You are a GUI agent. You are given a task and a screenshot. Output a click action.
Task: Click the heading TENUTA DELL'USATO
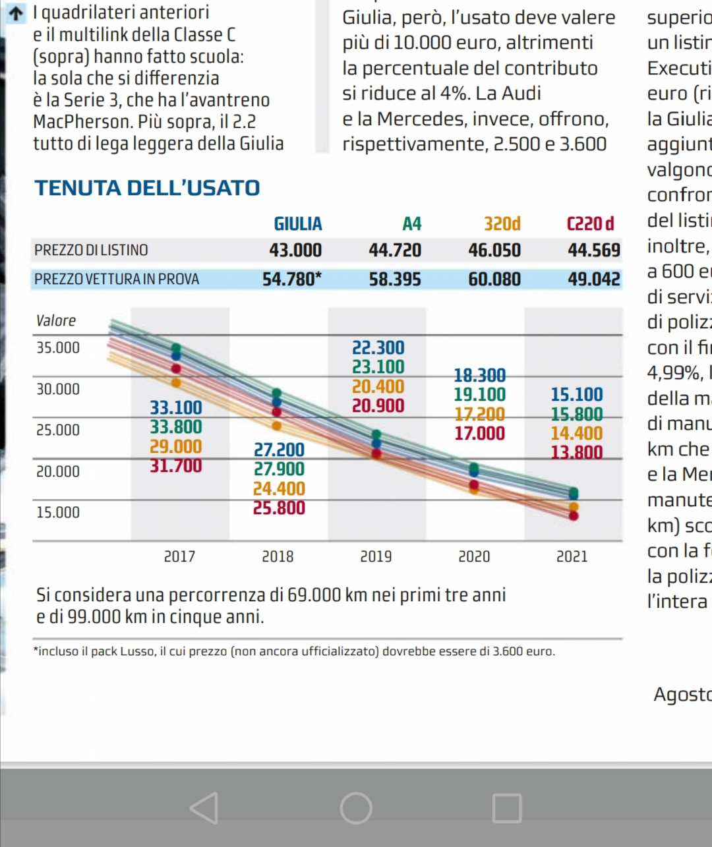pyautogui.click(x=148, y=188)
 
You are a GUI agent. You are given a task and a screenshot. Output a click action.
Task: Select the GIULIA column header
pyautogui.click(x=298, y=224)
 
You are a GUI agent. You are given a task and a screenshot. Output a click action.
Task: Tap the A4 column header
pyautogui.click(x=412, y=224)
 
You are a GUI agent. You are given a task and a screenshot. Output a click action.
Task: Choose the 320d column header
pyautogui.click(x=502, y=224)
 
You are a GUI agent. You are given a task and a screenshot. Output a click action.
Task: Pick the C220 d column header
pyautogui.click(x=591, y=224)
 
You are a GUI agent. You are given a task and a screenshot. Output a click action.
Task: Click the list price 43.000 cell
pyautogui.click(x=295, y=250)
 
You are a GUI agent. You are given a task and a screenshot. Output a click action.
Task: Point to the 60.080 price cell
pyautogui.click(x=494, y=279)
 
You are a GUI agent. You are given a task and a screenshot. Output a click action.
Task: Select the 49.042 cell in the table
pyautogui.click(x=594, y=279)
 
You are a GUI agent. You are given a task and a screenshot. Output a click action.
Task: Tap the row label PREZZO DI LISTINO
pyautogui.click(x=91, y=250)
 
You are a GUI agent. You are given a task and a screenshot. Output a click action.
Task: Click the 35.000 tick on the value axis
pyautogui.click(x=58, y=347)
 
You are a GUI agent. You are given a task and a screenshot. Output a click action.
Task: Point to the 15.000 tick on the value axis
pyautogui.click(x=58, y=512)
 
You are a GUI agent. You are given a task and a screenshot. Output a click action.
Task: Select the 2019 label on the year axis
pyautogui.click(x=376, y=557)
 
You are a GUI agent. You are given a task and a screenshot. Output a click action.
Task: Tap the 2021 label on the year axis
pyautogui.click(x=572, y=557)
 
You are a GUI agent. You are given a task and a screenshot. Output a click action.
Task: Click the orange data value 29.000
pyautogui.click(x=176, y=446)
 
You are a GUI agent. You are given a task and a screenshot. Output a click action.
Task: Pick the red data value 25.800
pyautogui.click(x=279, y=508)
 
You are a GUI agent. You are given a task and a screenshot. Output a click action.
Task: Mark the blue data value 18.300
pyautogui.click(x=480, y=375)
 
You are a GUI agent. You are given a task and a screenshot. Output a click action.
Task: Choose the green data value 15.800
pyautogui.click(x=577, y=414)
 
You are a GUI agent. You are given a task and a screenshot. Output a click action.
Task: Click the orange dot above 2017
pyautogui.click(x=176, y=382)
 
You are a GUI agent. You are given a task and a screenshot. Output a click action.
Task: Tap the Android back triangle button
pyautogui.click(x=204, y=808)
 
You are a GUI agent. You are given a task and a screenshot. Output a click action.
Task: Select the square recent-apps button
pyautogui.click(x=507, y=808)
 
